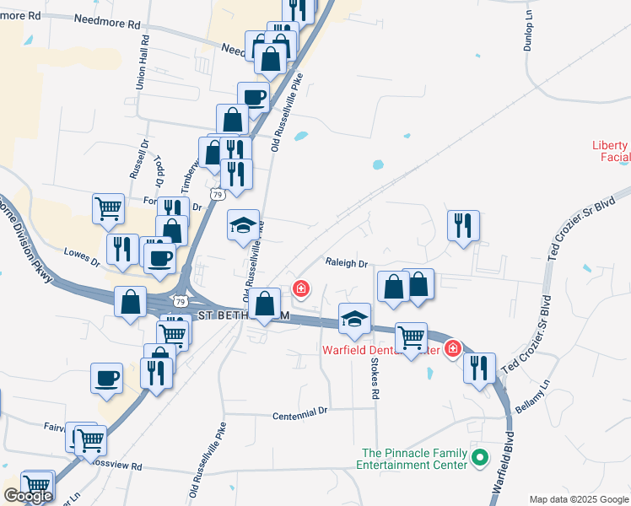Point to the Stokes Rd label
(x=375, y=374)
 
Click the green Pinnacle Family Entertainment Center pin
(x=480, y=460)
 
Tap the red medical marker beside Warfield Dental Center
(x=453, y=347)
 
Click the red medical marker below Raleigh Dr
(x=299, y=290)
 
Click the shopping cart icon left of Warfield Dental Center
(x=411, y=337)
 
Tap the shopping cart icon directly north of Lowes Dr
(x=109, y=207)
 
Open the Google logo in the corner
(x=27, y=496)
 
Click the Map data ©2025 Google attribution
(x=578, y=499)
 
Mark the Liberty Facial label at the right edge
(x=613, y=151)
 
